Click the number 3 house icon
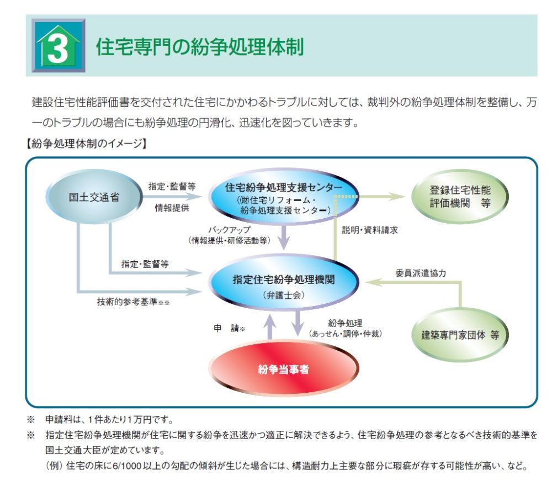(x=59, y=45)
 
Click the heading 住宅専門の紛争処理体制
(x=200, y=46)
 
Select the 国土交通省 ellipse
(x=94, y=197)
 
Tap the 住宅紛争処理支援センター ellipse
(x=284, y=197)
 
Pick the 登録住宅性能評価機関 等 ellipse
(x=460, y=197)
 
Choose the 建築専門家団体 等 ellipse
(x=460, y=335)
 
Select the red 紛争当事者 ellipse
(x=284, y=369)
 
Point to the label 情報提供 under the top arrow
(x=172, y=208)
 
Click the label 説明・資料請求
(x=370, y=230)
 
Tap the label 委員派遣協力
(x=421, y=273)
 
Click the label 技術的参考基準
(x=127, y=302)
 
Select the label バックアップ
(x=230, y=230)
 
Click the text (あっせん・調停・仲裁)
(x=346, y=334)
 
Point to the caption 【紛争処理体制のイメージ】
(x=86, y=143)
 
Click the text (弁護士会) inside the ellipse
(x=284, y=295)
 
